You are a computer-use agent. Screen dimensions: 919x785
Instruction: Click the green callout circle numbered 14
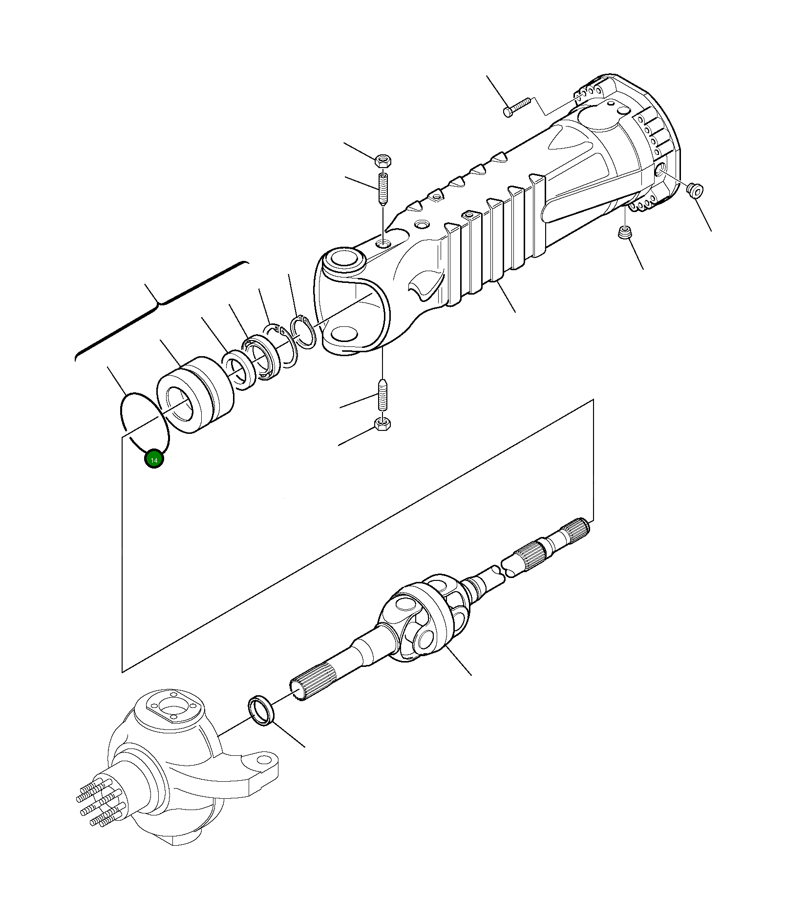tap(154, 459)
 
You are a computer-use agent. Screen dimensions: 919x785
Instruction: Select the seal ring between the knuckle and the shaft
tap(262, 711)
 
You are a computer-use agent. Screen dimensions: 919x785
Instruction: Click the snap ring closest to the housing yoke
tap(303, 333)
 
